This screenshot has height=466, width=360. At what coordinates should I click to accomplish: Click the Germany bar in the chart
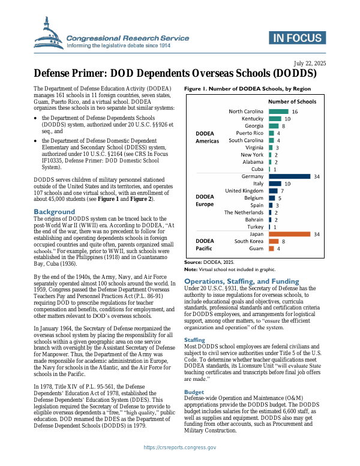(289, 176)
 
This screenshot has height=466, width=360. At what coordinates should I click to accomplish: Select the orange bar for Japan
(289, 234)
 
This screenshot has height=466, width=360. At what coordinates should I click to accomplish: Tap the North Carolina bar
(278, 112)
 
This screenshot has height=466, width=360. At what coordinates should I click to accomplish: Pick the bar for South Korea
(274, 241)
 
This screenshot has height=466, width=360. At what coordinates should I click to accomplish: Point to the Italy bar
(275, 184)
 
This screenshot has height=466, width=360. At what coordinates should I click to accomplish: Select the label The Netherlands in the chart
(244, 212)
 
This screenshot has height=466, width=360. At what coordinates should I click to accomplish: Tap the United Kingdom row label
(244, 191)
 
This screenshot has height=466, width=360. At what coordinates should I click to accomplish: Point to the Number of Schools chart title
(292, 101)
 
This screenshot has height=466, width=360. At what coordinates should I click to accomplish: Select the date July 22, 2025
(310, 64)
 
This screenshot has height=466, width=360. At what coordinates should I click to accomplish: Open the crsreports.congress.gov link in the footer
(179, 447)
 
